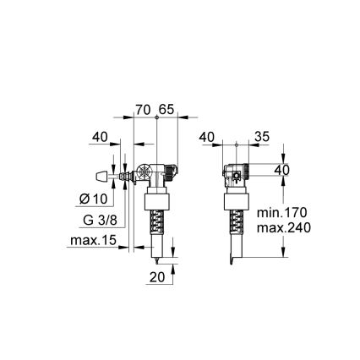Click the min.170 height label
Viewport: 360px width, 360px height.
[282, 212]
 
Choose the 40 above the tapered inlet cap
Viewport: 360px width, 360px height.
[101, 135]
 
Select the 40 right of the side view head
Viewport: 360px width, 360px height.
[281, 171]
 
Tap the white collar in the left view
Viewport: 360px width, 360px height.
[156, 204]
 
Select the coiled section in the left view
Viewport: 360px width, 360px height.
[156, 226]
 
